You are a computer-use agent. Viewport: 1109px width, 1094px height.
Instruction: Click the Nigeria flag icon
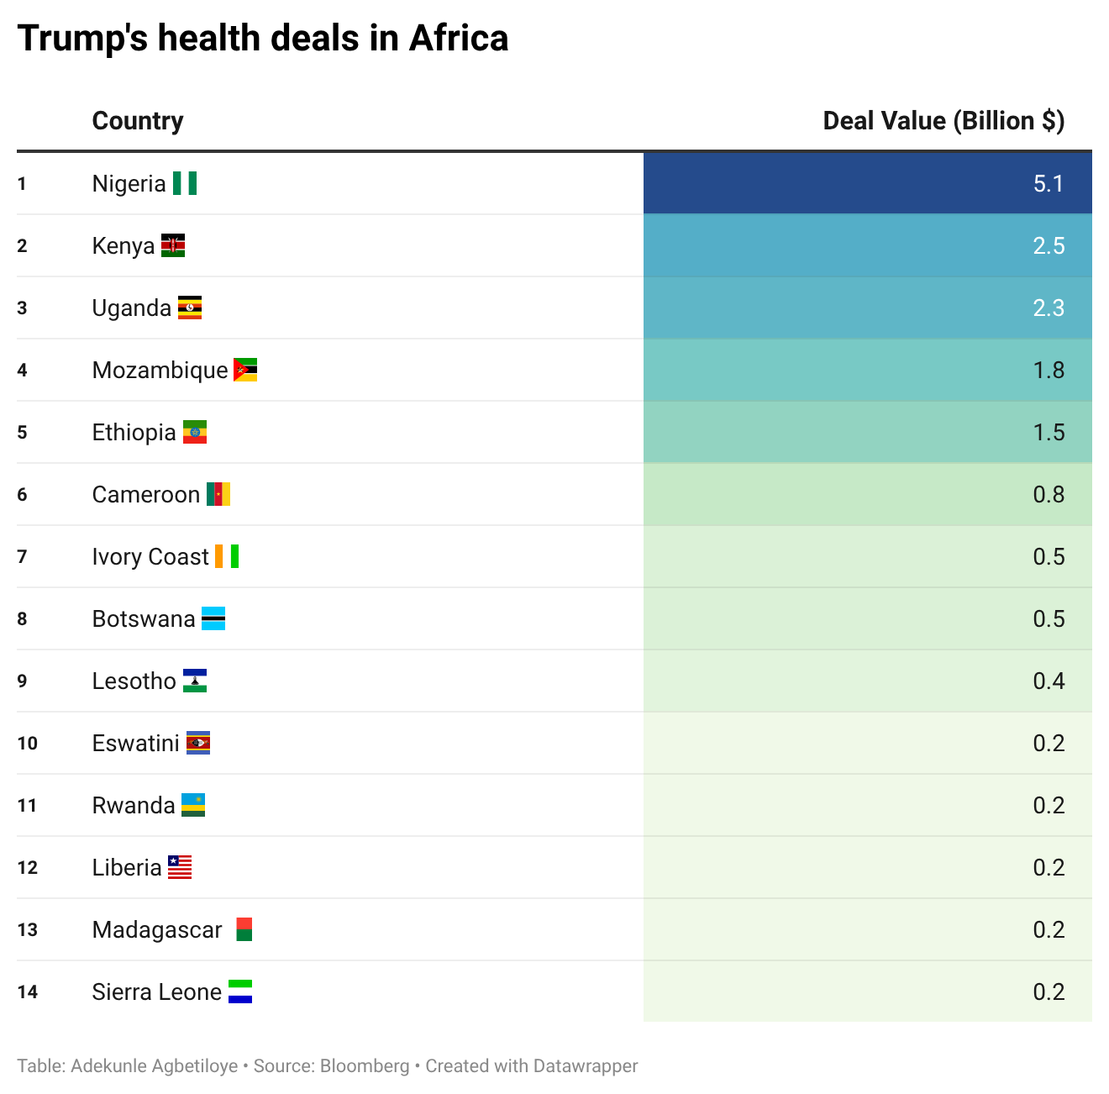(x=185, y=183)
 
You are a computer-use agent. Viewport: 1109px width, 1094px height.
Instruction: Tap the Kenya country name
(x=124, y=245)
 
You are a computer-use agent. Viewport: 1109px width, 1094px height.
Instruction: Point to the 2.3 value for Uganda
(x=1048, y=308)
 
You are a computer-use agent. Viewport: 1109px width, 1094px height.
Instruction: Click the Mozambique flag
(x=244, y=370)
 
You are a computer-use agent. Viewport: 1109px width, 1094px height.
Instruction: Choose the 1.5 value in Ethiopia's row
(x=1048, y=432)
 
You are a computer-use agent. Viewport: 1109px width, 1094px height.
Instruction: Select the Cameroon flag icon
(x=218, y=494)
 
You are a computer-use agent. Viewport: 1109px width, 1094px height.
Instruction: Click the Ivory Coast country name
(x=150, y=556)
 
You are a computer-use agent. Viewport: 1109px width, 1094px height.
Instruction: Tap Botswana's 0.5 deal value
(x=1048, y=618)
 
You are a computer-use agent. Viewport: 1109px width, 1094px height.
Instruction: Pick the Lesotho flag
(x=195, y=681)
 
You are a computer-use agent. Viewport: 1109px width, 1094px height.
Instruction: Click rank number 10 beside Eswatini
(x=27, y=743)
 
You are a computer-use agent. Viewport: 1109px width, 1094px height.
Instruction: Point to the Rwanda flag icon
(x=193, y=805)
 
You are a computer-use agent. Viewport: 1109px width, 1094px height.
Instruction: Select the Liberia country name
(x=127, y=867)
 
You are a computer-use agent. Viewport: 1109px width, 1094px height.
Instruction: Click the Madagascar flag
(x=244, y=929)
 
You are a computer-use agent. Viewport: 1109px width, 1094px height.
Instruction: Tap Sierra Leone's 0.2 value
(x=1048, y=991)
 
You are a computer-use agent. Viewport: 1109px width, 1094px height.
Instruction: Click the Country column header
(x=137, y=121)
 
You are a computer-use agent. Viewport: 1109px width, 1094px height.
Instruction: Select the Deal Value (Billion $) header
(x=943, y=121)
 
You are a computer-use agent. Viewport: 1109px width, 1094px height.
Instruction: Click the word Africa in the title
(x=459, y=39)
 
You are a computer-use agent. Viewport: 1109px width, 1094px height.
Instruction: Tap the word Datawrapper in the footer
(x=585, y=1066)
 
